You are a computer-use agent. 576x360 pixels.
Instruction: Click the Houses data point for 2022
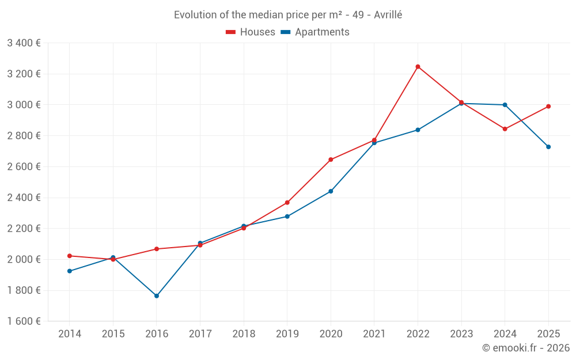point(418,67)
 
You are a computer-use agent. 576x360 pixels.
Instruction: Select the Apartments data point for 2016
point(157,296)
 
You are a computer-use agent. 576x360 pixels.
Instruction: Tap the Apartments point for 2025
point(548,147)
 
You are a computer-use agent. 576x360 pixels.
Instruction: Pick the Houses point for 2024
point(505,129)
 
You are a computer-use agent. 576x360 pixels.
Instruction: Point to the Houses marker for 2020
point(331,160)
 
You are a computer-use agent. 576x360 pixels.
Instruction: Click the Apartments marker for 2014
point(70,271)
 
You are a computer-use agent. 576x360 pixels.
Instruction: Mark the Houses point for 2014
point(70,256)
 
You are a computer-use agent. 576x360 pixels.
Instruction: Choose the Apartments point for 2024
point(505,105)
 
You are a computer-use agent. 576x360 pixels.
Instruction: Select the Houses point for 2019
point(287,203)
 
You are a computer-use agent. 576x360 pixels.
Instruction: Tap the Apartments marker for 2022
point(418,130)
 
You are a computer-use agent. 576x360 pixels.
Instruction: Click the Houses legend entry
point(251,32)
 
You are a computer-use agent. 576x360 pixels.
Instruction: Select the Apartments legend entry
point(315,32)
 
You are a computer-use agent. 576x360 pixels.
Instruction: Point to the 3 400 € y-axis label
point(24,43)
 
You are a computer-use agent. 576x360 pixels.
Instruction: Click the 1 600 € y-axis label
point(24,321)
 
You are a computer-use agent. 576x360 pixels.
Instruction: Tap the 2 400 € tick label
point(24,198)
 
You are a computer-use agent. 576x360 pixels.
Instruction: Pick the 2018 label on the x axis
point(244,334)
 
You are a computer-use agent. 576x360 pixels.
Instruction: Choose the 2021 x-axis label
point(374,334)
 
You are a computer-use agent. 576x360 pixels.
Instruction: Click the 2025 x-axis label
point(548,334)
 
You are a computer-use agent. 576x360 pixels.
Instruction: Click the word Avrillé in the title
point(388,15)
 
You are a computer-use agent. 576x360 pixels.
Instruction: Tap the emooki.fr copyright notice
point(526,348)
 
